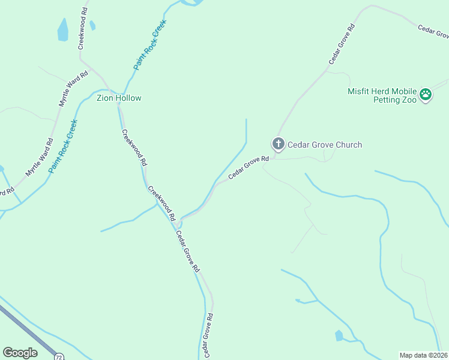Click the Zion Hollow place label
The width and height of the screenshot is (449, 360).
click(x=119, y=98)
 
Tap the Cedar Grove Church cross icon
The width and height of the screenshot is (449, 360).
click(x=278, y=144)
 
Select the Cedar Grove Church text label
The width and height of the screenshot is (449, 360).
click(x=325, y=145)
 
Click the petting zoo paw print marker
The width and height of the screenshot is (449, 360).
click(x=426, y=94)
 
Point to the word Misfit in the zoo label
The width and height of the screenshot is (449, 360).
click(x=359, y=92)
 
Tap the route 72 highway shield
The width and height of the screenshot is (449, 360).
click(x=58, y=356)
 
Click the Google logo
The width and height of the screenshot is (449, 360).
click(x=20, y=353)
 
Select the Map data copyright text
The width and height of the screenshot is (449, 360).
click(x=424, y=355)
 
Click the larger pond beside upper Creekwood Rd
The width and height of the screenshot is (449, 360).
click(x=62, y=29)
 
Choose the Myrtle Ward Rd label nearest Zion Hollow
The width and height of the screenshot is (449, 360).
click(x=73, y=89)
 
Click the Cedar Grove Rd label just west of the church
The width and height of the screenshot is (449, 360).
click(x=247, y=167)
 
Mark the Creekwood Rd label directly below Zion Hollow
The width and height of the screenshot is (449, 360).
click(x=134, y=147)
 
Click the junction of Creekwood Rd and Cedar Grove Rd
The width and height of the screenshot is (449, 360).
click(x=178, y=223)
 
